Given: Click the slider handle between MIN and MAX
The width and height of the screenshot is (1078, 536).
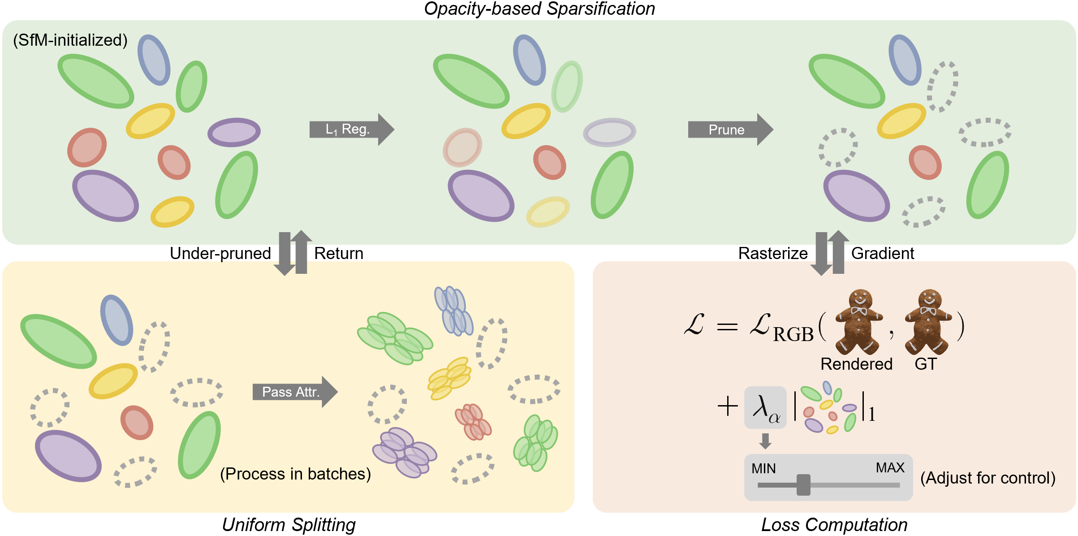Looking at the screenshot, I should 803,485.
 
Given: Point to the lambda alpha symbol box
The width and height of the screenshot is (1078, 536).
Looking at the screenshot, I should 765,407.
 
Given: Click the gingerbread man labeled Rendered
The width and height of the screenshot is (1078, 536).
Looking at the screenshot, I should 858,321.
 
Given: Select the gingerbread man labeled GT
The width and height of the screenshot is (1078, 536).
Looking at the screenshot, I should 928,321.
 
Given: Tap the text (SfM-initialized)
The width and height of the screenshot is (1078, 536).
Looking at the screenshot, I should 70,40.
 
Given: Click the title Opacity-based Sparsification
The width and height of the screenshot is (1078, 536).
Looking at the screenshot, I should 539,9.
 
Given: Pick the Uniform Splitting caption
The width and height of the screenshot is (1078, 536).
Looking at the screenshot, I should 289,525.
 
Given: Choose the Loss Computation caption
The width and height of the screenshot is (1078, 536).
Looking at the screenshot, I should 834,525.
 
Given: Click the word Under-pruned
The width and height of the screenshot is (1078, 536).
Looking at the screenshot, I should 220,254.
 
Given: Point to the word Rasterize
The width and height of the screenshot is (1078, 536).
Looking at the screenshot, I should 773,254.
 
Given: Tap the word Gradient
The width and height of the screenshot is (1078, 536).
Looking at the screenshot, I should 883,254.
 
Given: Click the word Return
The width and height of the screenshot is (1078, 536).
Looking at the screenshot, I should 339,254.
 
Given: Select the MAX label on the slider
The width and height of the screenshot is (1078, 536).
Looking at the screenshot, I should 890,468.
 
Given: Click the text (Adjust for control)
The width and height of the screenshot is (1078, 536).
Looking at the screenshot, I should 988,478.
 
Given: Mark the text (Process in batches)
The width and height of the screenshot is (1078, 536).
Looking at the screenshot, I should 296,474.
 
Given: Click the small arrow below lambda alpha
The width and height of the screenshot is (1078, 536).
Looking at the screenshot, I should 765,441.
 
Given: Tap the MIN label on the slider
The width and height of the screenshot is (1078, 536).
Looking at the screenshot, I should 763,469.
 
